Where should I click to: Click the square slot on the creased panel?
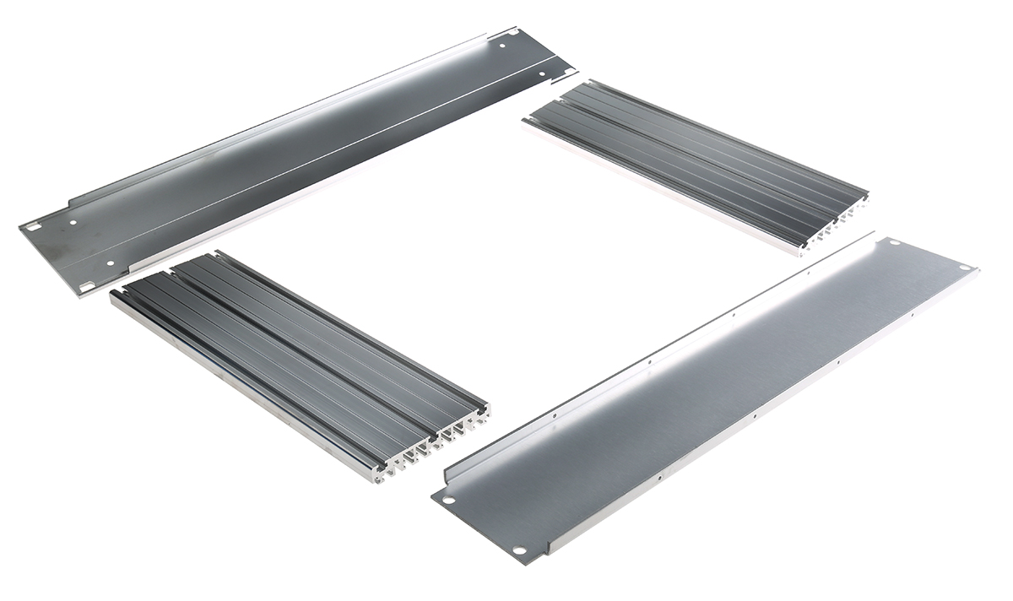pos(33,227)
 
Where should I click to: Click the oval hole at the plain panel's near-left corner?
pos(449,499)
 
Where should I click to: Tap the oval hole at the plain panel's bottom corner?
pos(519,551)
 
